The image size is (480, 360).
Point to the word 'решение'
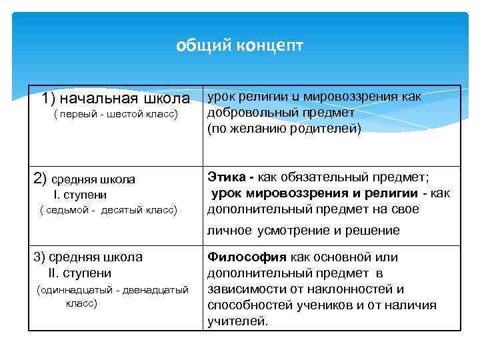375,231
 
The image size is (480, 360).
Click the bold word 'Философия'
247,257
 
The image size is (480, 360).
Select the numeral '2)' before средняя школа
40,178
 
